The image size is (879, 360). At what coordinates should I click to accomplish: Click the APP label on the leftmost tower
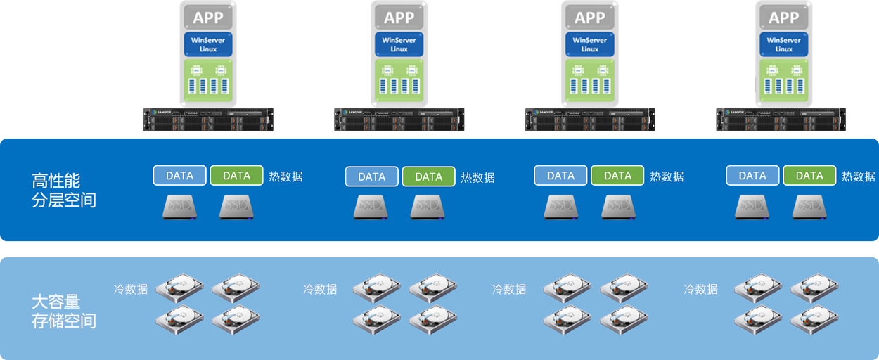208,17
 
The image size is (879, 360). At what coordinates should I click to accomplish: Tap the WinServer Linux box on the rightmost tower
783,44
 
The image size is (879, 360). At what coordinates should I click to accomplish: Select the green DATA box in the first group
236,176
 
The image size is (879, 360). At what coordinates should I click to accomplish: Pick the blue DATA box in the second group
371,176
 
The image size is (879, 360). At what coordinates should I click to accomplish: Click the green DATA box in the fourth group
809,176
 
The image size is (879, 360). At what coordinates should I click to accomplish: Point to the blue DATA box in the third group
560,176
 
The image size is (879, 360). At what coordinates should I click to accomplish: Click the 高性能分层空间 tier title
64,190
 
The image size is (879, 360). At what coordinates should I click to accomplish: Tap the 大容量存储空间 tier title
64,311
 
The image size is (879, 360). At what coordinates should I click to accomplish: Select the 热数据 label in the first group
285,176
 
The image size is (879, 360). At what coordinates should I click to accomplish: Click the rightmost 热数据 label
858,176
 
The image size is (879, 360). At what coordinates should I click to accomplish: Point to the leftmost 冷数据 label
131,288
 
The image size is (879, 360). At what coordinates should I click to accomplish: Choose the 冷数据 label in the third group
509,288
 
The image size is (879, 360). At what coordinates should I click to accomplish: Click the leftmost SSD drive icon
180,207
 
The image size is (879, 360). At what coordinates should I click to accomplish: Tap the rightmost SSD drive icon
809,207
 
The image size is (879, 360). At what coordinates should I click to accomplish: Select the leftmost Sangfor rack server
208,120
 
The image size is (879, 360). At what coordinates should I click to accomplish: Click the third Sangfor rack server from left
589,120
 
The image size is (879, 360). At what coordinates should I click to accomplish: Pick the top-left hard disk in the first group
179,287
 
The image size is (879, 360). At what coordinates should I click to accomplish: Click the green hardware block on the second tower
399,82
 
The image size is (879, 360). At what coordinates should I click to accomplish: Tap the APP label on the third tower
589,17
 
